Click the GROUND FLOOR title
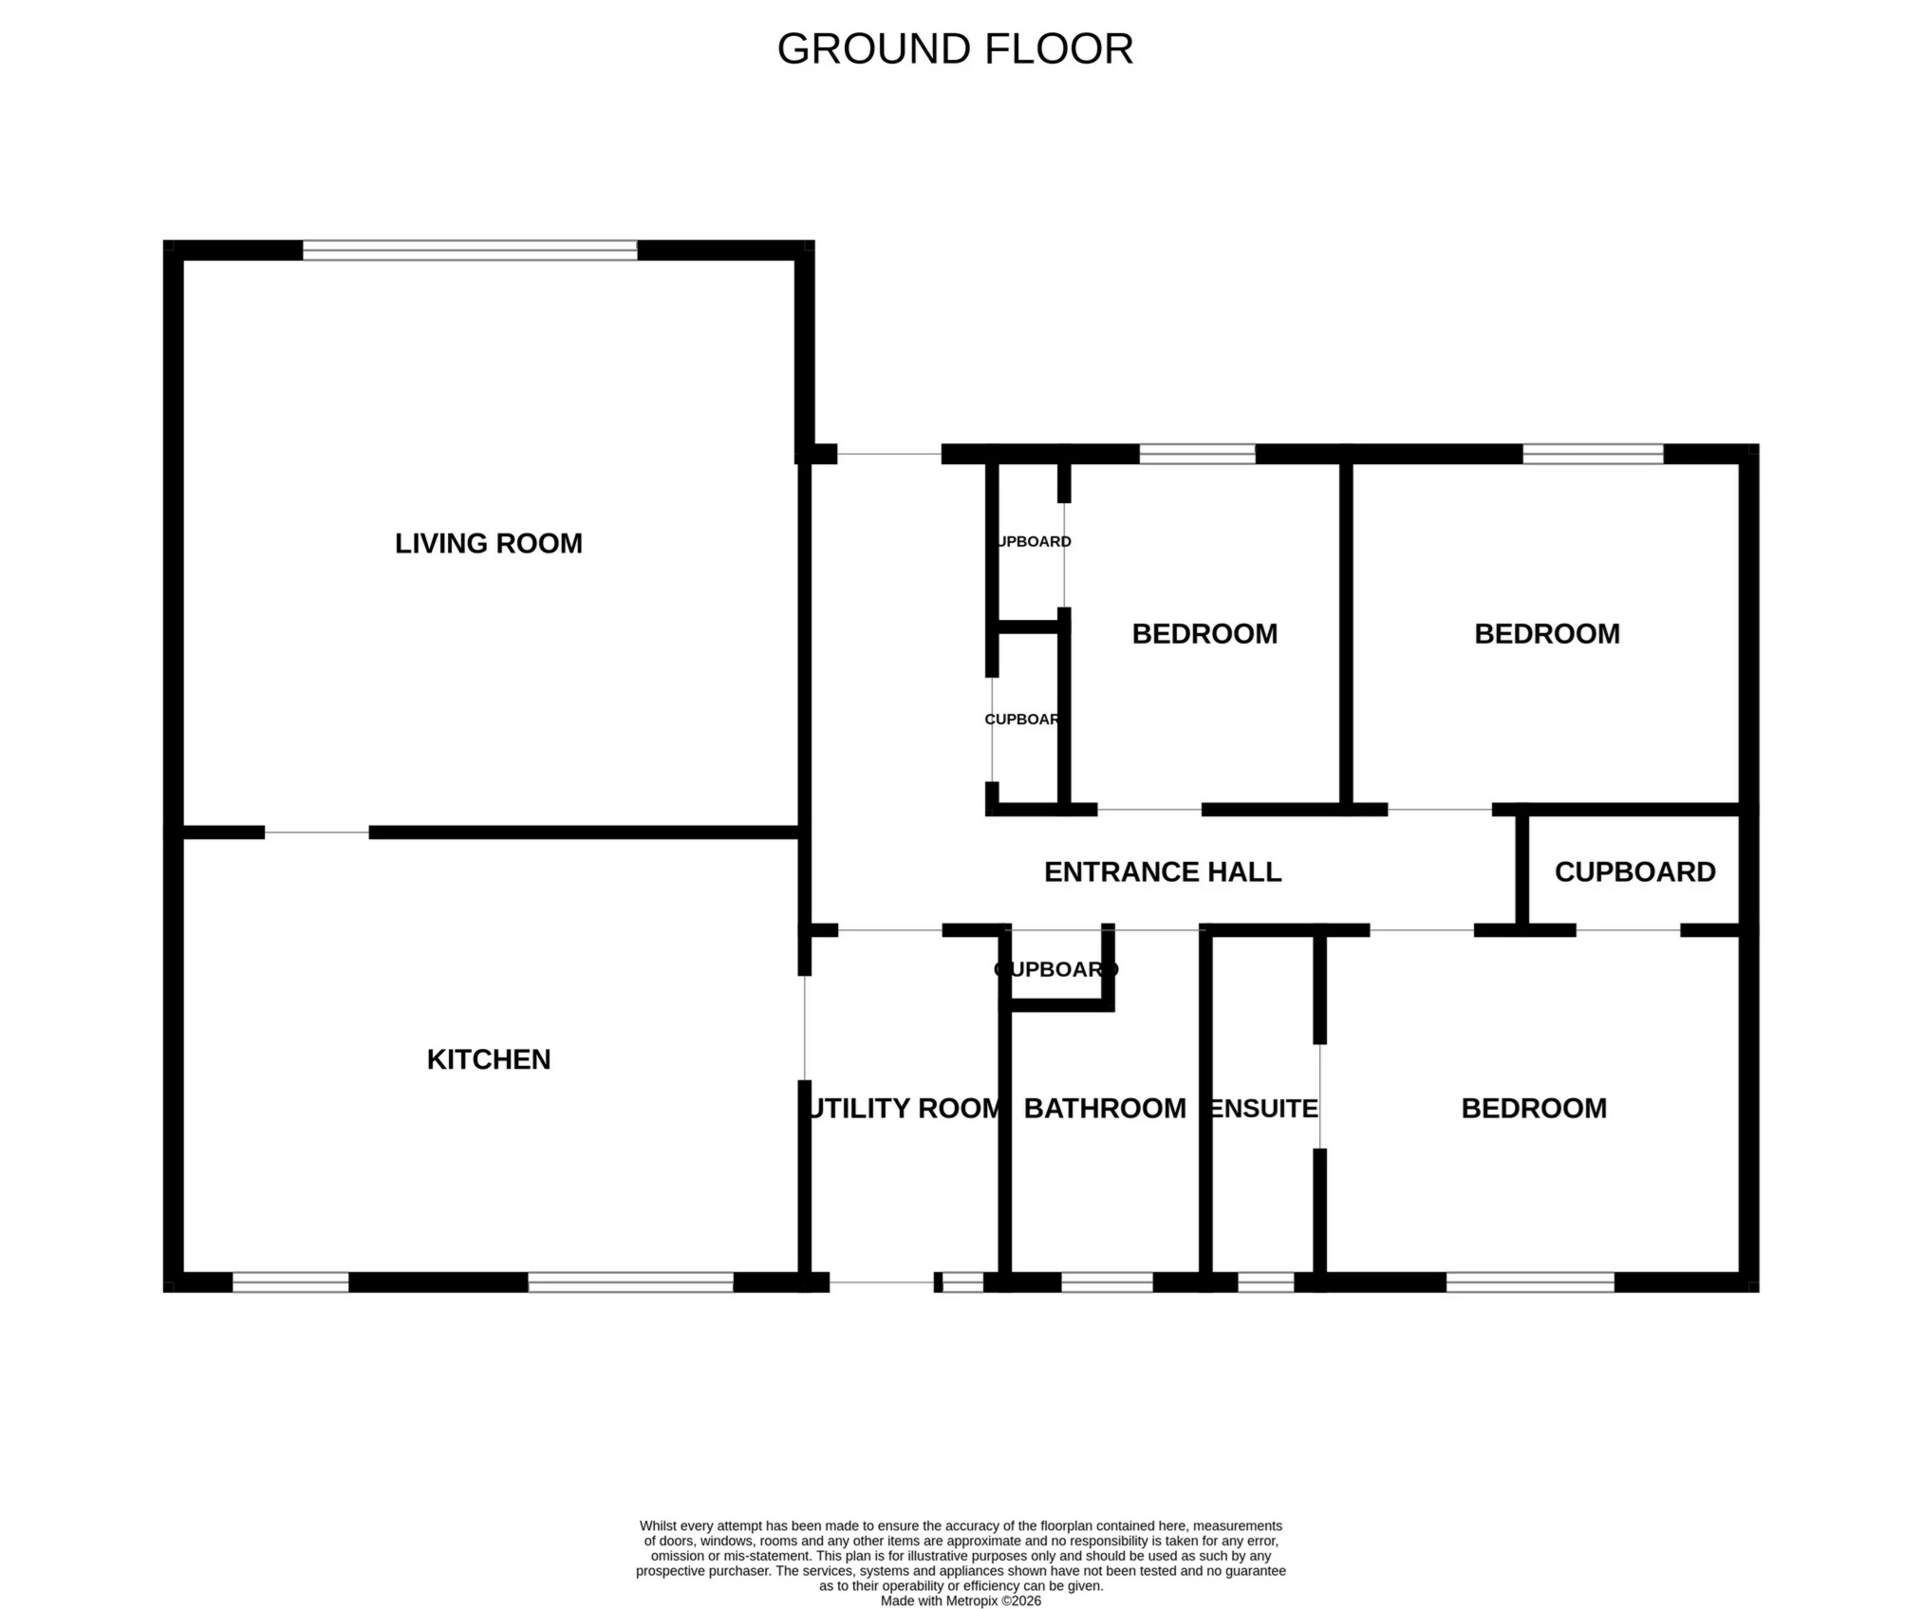(x=955, y=49)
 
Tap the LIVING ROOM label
(x=488, y=544)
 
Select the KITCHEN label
(x=488, y=1059)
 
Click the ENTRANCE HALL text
(x=1162, y=872)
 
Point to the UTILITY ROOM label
(x=904, y=1108)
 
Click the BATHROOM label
(x=1105, y=1108)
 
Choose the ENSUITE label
(x=1263, y=1108)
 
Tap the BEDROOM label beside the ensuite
(x=1533, y=1108)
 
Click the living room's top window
(x=470, y=251)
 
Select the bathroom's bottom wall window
(x=1107, y=1282)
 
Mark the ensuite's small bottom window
(x=1265, y=1282)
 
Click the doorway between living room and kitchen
(x=316, y=833)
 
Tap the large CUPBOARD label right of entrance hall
(x=1634, y=872)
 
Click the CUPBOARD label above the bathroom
(x=1055, y=969)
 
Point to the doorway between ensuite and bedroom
(x=1319, y=1096)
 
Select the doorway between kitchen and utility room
(x=805, y=1028)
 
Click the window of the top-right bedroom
(x=1593, y=454)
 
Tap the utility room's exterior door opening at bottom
(x=882, y=1282)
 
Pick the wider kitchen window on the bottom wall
(x=630, y=1282)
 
